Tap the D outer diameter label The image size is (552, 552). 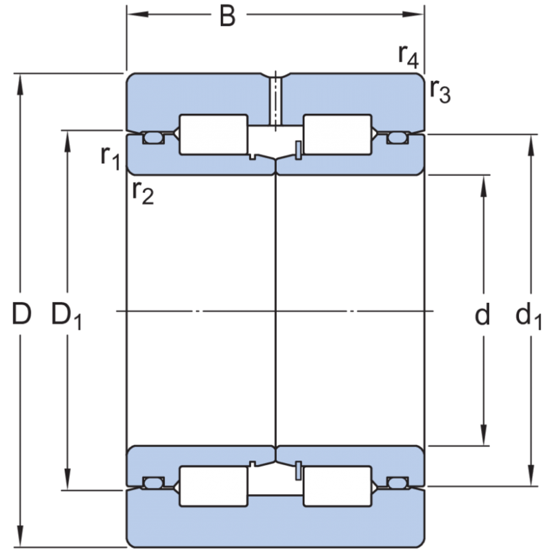[22, 315]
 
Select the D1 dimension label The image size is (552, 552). [66, 317]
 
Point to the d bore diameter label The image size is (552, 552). [482, 315]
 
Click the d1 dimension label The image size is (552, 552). [529, 317]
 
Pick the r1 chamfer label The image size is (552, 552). [110, 157]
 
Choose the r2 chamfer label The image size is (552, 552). [142, 193]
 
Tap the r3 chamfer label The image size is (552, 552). [439, 90]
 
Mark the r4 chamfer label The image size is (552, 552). [408, 55]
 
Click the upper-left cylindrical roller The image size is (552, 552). [213, 134]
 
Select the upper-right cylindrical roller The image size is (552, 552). [337, 134]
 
